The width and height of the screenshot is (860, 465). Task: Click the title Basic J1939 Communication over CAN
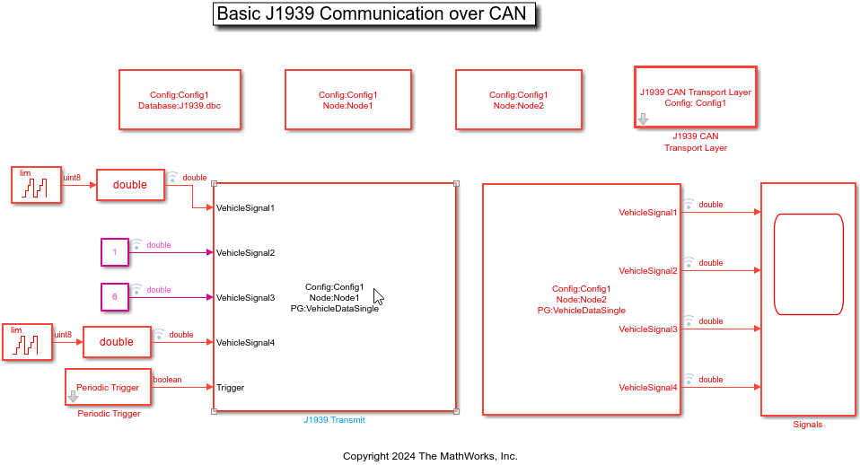[370, 14]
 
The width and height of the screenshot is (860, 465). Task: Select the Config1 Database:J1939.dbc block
[180, 100]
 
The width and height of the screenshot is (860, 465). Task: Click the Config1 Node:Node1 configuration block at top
[347, 100]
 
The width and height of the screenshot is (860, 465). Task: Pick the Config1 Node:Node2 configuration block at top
[518, 100]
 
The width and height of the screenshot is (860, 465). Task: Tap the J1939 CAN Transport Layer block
[695, 97]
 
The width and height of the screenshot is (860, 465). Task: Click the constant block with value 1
[115, 252]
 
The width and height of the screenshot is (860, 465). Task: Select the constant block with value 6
[115, 297]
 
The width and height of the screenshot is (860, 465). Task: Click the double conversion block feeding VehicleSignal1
[130, 185]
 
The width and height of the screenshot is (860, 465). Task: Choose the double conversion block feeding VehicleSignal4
[117, 342]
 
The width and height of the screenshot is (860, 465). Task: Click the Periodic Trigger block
[108, 387]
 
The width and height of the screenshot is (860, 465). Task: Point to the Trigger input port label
[230, 388]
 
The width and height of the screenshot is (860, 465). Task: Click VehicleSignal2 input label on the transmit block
[245, 253]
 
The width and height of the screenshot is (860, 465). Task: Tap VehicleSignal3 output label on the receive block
[647, 329]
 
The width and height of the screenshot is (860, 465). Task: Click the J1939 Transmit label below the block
[334, 419]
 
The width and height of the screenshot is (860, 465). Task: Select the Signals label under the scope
[807, 425]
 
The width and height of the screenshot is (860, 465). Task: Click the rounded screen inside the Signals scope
[808, 264]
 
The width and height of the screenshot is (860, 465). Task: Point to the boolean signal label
[167, 380]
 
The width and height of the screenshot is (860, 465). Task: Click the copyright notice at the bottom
[430, 456]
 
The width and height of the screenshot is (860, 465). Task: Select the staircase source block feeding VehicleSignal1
[37, 185]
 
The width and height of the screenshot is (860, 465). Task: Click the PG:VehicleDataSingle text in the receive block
[581, 311]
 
